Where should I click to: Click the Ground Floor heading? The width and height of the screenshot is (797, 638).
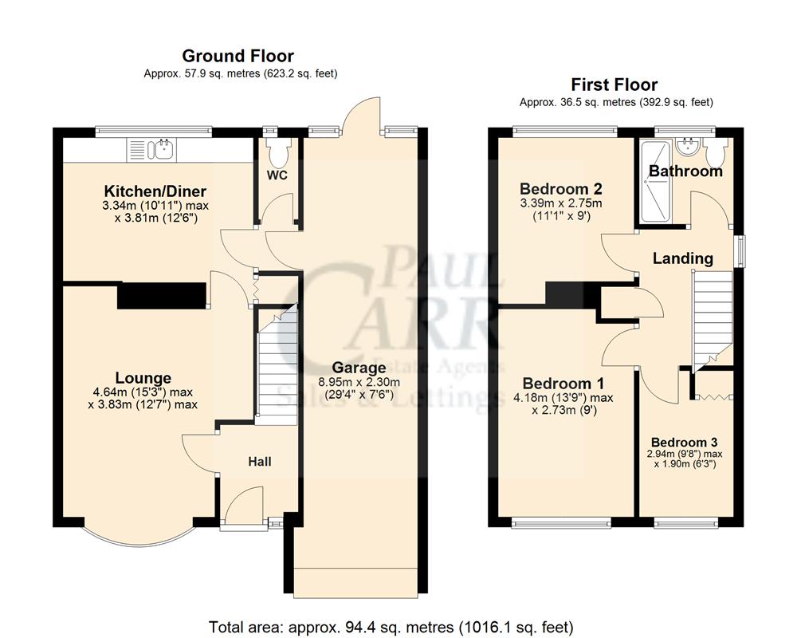238,56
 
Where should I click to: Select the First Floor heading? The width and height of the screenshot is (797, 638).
614,85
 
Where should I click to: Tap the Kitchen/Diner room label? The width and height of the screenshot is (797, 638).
155,191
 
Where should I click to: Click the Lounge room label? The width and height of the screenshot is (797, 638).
143,378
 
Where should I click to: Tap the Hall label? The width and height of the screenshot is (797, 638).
259,462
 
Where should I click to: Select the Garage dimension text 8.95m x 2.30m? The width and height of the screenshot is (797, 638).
359,383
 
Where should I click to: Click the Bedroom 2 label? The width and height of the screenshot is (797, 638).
560,189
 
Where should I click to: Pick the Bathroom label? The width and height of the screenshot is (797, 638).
685,171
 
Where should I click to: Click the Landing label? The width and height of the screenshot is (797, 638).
682,258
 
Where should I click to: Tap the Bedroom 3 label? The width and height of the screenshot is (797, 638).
684,443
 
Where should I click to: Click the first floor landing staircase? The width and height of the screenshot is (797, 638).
711,319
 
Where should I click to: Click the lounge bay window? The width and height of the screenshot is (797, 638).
139,536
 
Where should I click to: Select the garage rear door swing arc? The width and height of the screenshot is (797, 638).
363,112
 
